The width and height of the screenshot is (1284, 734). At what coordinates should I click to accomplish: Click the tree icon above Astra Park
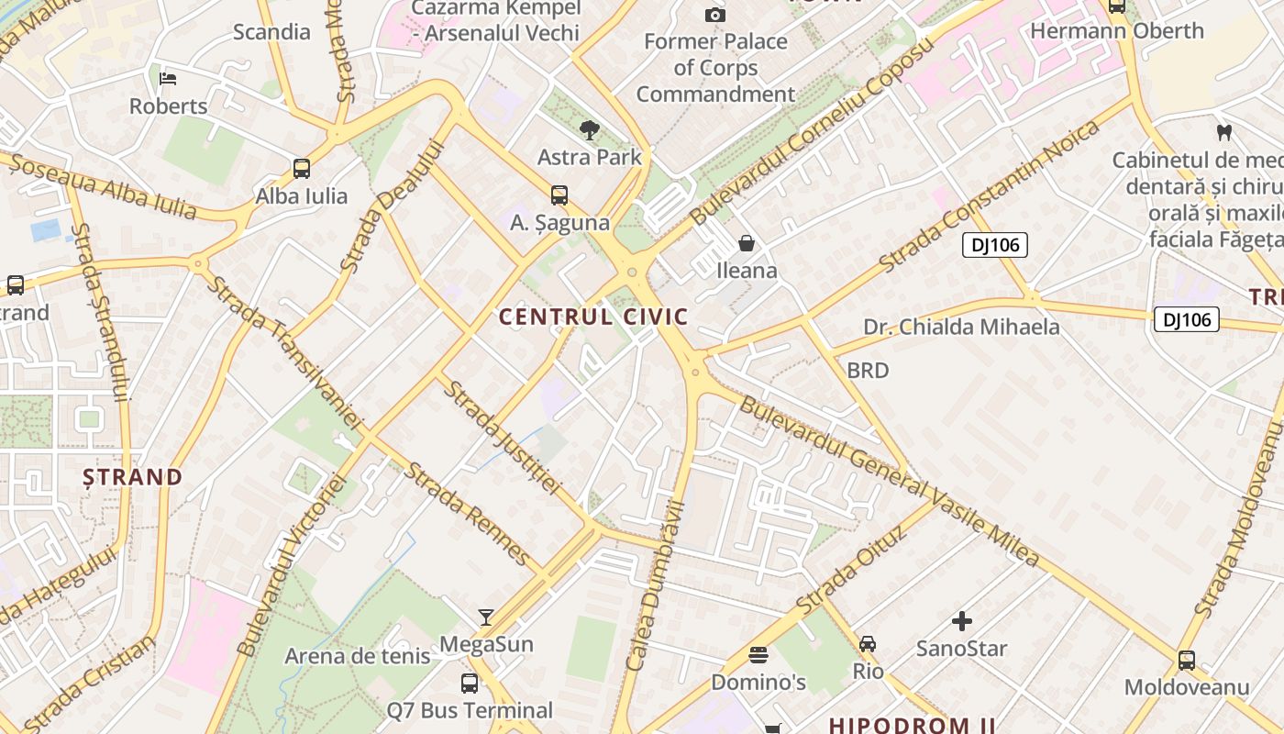[589, 130]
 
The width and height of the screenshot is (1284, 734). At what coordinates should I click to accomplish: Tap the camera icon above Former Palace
[715, 15]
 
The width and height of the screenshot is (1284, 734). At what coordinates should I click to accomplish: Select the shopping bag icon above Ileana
[747, 243]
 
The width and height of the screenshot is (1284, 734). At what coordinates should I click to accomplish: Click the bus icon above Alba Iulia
[302, 169]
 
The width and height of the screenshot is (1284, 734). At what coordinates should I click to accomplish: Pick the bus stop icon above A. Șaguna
[559, 195]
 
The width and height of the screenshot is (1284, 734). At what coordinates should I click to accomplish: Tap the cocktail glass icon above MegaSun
[486, 617]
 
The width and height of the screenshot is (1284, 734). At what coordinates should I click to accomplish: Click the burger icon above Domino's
[758, 655]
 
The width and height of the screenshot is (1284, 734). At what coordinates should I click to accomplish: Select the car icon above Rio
[868, 644]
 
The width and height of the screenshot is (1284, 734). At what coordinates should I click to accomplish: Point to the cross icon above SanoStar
[962, 622]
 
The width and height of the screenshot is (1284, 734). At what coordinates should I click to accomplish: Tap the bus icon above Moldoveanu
[1187, 661]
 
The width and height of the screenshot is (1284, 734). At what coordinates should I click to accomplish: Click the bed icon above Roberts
[168, 78]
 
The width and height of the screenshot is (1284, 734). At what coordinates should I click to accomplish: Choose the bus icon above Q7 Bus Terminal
[470, 684]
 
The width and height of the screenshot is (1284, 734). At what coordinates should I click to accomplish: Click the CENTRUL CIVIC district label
[593, 317]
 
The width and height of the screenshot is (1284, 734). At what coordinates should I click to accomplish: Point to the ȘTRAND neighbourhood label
[133, 477]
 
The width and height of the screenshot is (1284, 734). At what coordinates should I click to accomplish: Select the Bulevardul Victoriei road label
[290, 565]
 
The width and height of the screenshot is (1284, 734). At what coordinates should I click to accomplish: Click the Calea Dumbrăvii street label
[655, 587]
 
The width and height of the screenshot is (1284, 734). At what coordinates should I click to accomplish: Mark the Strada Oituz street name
[851, 571]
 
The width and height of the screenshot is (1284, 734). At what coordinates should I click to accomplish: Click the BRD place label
[868, 371]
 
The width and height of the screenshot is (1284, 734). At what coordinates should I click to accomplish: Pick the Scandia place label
[271, 32]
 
